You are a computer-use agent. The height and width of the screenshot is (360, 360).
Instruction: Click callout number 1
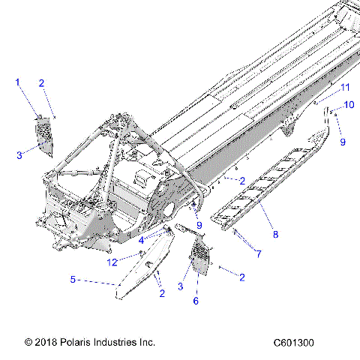(x=17, y=82)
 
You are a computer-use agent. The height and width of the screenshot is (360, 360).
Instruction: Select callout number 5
(x=73, y=280)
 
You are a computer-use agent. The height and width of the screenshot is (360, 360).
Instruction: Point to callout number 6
(x=196, y=300)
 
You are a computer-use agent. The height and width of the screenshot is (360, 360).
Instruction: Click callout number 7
(x=259, y=255)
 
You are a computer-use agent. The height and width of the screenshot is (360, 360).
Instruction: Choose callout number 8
(x=275, y=235)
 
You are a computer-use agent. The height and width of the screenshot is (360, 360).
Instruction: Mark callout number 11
(x=345, y=88)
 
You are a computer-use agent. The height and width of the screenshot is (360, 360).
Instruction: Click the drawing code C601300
(x=294, y=343)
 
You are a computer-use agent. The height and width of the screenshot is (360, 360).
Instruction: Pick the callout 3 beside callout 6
(x=179, y=286)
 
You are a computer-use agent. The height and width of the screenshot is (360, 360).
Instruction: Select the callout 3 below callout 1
(x=20, y=154)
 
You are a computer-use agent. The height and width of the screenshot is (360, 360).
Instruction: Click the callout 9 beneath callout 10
(x=343, y=141)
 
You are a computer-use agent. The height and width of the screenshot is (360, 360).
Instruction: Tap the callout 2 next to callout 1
(x=42, y=83)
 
